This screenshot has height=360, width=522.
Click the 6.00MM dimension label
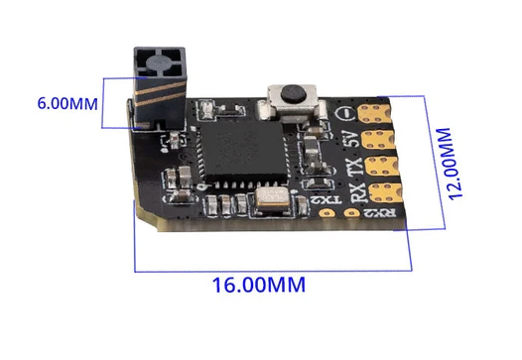point(67,103)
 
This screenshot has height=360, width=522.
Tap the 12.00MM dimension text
point(457,164)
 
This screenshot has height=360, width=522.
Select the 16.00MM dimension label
point(257,284)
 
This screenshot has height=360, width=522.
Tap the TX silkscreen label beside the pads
point(354,164)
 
